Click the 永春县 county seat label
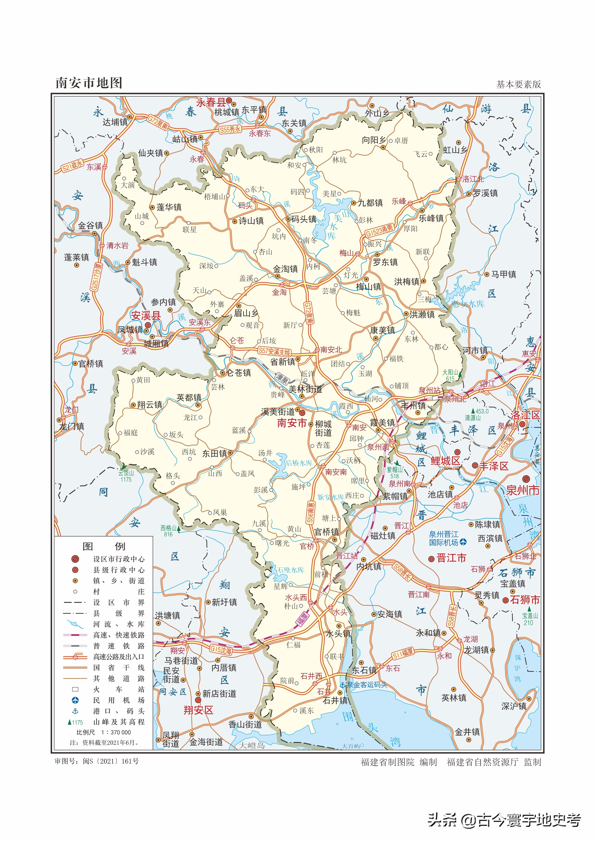pyautogui.click(x=211, y=102)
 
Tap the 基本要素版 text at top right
pyautogui.click(x=518, y=85)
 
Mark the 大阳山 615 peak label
pyautogui.click(x=450, y=375)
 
